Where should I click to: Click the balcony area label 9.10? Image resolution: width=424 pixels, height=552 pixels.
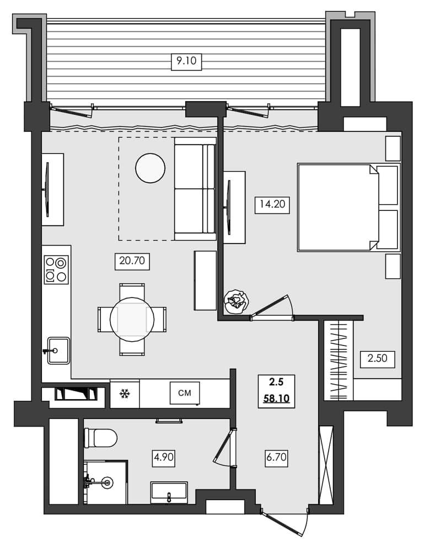click(186, 62)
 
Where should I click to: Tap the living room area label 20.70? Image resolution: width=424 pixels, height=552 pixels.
click(132, 260)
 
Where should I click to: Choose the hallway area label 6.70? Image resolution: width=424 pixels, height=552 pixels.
click(277, 457)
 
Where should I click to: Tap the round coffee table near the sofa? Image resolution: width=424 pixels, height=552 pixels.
click(150, 168)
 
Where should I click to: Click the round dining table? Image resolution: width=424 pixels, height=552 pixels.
click(132, 319)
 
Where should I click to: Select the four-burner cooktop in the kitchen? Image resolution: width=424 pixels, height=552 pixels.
click(56, 269)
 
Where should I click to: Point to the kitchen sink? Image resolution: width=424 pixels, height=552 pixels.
click(58, 351)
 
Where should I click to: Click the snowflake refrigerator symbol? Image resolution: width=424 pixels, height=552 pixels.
click(125, 394)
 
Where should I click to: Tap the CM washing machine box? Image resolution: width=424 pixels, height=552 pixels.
click(185, 393)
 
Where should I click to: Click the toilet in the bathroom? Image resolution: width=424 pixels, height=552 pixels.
click(101, 438)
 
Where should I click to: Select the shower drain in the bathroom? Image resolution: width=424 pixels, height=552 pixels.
click(106, 482)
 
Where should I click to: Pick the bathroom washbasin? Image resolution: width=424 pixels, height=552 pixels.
click(169, 491)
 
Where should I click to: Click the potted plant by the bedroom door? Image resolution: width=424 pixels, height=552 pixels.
click(236, 302)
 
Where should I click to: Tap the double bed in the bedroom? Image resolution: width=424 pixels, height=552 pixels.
click(347, 207)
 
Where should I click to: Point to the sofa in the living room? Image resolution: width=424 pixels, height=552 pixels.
click(195, 189)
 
